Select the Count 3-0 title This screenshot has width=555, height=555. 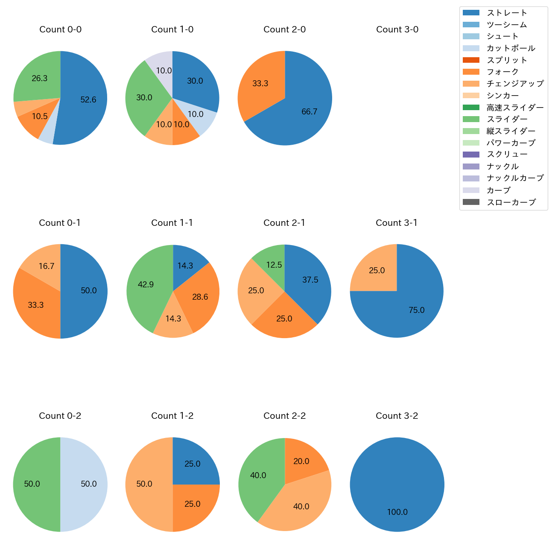point(397,29)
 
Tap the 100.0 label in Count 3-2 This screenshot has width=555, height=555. point(397,512)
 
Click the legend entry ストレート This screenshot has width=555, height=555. point(507,13)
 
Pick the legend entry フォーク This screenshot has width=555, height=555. point(502,72)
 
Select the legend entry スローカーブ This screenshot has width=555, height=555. point(511,202)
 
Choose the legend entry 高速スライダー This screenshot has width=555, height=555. point(515,108)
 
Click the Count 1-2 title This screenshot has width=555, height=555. point(172,416)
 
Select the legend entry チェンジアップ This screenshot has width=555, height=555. point(515,84)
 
